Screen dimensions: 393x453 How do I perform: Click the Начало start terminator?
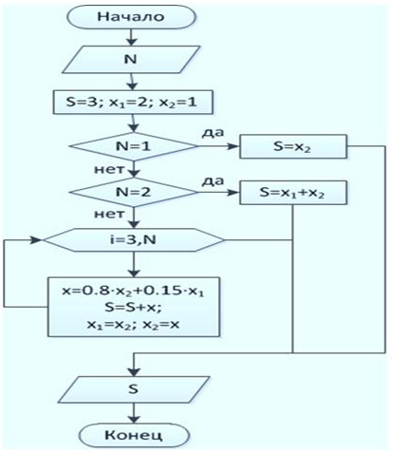coord(131,17)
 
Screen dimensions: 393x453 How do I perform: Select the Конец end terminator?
coord(134,435)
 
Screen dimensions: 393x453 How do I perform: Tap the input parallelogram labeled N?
coord(131,59)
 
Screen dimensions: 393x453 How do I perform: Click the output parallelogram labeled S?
coord(134,389)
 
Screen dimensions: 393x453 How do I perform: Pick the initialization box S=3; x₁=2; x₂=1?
coord(133,103)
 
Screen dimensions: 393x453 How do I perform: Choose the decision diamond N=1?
coord(133,146)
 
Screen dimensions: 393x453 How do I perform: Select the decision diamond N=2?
coord(133,192)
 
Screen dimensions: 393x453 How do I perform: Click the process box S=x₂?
coord(293,146)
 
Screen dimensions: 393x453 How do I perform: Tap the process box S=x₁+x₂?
coord(293,193)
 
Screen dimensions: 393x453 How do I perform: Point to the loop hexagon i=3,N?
coord(133,240)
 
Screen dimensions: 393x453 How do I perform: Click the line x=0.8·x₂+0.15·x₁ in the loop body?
coord(133,292)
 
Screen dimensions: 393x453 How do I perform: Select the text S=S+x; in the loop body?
coord(133,308)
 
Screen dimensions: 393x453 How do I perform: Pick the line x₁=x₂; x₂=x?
coord(133,325)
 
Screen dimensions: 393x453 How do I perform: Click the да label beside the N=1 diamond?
coord(213,133)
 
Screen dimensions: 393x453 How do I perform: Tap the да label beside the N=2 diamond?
coord(213,181)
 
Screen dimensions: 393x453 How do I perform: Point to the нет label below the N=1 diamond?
coord(109,169)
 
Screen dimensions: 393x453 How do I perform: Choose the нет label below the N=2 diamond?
coord(109,215)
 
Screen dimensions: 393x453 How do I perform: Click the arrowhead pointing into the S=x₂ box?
coord(234,146)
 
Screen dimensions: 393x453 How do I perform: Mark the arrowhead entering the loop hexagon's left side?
coord(36,240)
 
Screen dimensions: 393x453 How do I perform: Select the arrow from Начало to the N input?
coord(131,37)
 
